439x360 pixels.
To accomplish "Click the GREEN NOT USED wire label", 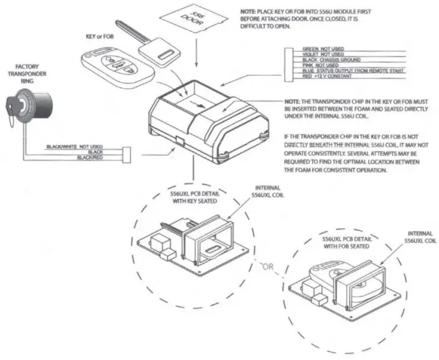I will [x=323, y=47].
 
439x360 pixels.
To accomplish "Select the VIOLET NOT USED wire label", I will [x=323, y=53].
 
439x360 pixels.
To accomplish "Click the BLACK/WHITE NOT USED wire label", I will [x=75, y=146].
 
